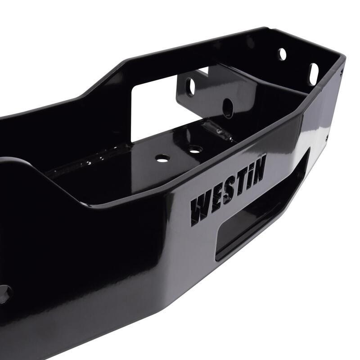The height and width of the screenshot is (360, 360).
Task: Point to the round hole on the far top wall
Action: [x=283, y=54]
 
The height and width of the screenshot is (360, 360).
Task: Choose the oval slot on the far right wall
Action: [x=313, y=69]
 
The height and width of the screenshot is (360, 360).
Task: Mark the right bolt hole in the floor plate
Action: [x=194, y=148]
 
